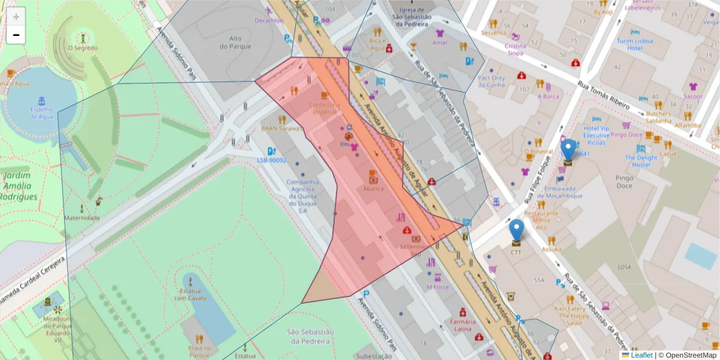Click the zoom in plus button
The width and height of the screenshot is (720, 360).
(x=16, y=16)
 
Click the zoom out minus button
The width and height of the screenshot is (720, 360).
(x=16, y=35)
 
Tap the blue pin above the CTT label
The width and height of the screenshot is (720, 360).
(x=516, y=231)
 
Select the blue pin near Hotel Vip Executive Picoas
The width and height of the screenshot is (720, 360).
(x=568, y=151)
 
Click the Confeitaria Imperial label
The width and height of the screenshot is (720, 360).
(x=325, y=108)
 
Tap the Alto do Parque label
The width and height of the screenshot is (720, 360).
(x=230, y=42)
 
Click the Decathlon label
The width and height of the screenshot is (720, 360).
(x=269, y=20)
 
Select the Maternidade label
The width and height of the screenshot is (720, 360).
(x=82, y=218)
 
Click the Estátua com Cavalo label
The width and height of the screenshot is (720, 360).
(x=191, y=294)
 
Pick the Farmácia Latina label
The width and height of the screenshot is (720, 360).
(x=463, y=325)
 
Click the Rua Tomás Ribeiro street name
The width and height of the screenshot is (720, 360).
(x=603, y=95)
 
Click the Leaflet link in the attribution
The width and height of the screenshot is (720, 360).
(x=641, y=355)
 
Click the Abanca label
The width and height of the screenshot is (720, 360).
(x=373, y=188)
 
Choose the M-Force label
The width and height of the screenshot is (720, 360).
(x=438, y=287)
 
